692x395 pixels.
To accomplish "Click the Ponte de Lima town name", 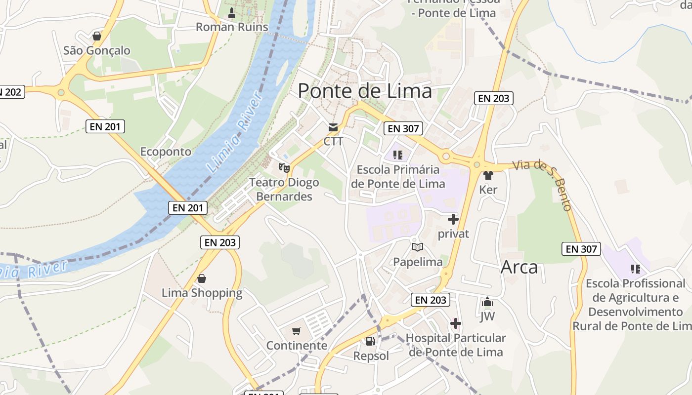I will (x=365, y=91).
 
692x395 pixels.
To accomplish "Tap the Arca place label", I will (x=519, y=267).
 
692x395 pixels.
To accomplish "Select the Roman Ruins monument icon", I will (x=232, y=13).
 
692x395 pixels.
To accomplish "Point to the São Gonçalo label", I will (x=97, y=50).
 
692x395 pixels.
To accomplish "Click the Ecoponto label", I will (x=166, y=152).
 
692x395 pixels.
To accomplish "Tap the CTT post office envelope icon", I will (x=333, y=128).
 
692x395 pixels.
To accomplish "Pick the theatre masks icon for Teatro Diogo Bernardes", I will (x=284, y=167).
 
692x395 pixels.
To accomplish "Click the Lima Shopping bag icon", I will (x=202, y=278).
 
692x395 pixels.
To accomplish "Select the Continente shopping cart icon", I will (x=296, y=331).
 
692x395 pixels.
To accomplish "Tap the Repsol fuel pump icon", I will (x=370, y=341).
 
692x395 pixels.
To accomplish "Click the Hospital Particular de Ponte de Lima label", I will (x=456, y=345).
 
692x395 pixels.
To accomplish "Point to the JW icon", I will (x=487, y=302).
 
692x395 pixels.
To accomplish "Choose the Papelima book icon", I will (x=418, y=247).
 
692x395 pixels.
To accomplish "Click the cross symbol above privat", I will (x=453, y=219).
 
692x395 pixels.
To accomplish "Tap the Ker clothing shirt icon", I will (x=488, y=175).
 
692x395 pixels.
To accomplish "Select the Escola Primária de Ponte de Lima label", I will (x=398, y=177).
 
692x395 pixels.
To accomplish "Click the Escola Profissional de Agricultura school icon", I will (x=636, y=269).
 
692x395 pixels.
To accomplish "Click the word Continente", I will (x=297, y=345).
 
